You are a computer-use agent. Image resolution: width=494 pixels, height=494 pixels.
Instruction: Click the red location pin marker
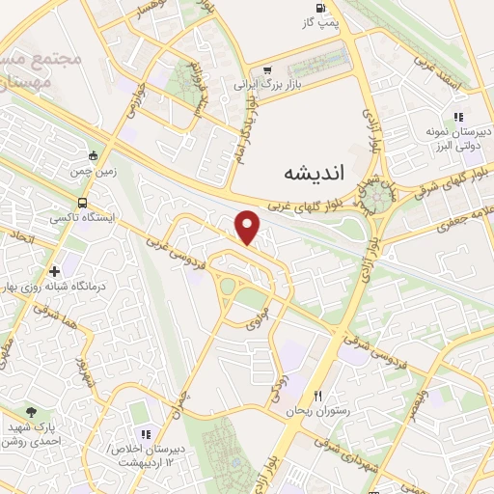[x=248, y=228]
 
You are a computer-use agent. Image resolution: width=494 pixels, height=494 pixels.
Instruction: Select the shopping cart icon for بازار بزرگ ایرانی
[x=266, y=69]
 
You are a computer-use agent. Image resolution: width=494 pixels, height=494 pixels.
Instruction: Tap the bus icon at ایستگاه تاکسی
[x=82, y=204]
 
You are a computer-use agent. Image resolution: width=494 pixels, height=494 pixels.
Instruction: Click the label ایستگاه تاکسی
[x=113, y=219]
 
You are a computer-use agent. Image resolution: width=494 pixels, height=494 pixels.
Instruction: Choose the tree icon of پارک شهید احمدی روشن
[x=33, y=412]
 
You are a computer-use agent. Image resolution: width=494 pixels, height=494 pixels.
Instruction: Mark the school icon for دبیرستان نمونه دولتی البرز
[x=458, y=117]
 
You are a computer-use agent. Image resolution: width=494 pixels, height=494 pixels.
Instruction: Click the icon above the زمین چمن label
[x=94, y=155]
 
